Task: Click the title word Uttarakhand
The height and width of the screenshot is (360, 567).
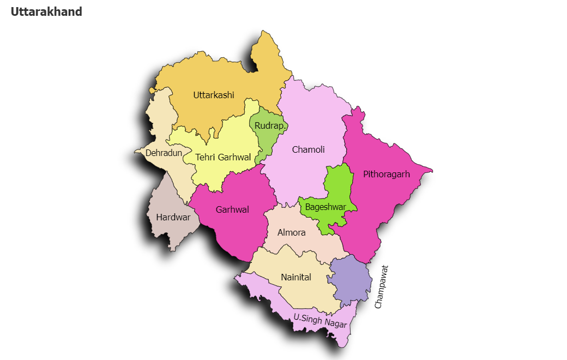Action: (46, 11)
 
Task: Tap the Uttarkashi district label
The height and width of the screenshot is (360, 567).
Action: (214, 95)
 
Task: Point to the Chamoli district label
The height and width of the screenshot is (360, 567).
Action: (309, 149)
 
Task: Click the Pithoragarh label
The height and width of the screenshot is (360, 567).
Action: (387, 175)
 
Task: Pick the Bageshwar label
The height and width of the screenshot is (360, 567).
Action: (325, 207)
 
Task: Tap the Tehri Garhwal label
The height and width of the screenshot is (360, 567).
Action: (223, 157)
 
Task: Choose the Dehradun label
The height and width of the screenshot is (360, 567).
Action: (164, 153)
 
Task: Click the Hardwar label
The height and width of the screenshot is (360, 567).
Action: (173, 217)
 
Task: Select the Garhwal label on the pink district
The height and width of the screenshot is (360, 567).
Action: (232, 209)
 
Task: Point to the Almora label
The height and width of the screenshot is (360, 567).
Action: (292, 232)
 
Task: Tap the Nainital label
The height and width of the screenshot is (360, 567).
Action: (296, 277)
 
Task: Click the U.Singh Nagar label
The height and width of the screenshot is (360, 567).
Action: (320, 320)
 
